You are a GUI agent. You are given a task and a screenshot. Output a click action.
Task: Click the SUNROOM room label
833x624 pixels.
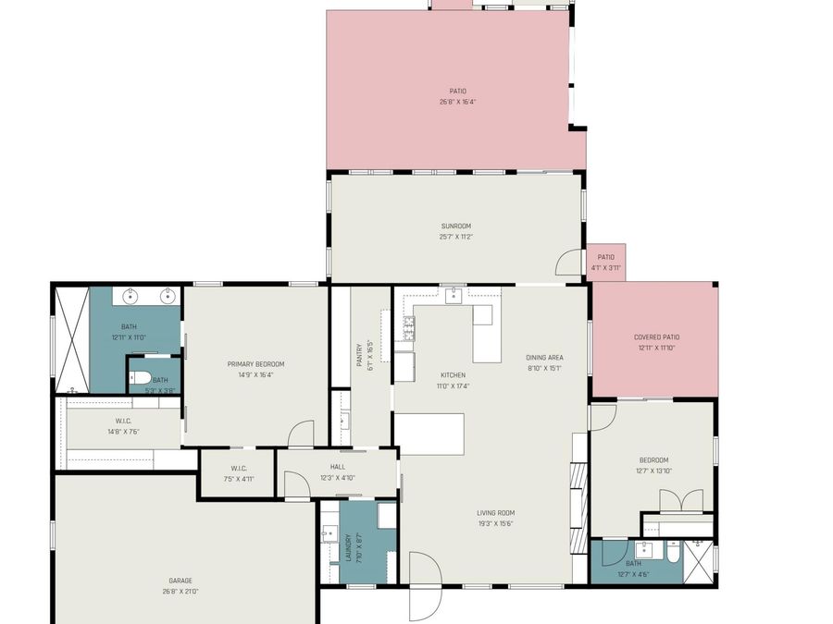(x=455, y=226)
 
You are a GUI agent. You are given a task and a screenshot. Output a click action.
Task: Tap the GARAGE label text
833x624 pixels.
(x=180, y=581)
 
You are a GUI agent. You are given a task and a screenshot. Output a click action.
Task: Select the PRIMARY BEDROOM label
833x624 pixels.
(x=255, y=364)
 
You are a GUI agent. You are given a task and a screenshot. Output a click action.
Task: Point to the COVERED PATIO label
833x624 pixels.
(x=656, y=337)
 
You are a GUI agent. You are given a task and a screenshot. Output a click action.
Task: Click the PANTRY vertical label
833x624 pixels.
(x=359, y=355)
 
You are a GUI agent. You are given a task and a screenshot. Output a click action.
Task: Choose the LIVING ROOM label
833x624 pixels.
(x=495, y=513)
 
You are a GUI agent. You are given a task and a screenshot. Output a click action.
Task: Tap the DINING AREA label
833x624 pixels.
(x=544, y=358)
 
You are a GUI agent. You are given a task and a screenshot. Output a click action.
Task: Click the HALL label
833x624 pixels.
(x=337, y=467)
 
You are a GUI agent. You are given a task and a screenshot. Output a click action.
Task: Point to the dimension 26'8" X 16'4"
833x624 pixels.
(x=457, y=102)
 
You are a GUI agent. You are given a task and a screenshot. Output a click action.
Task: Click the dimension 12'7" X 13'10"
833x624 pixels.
(x=653, y=471)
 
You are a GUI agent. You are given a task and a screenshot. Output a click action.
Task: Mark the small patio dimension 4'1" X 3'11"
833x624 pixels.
(x=605, y=268)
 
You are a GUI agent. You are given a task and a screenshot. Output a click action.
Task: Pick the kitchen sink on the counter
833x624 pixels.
(x=454, y=295)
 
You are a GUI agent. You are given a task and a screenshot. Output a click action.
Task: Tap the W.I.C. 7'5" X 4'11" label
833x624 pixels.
(x=237, y=473)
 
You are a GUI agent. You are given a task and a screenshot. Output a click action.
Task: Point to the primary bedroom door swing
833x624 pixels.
(x=301, y=434)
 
